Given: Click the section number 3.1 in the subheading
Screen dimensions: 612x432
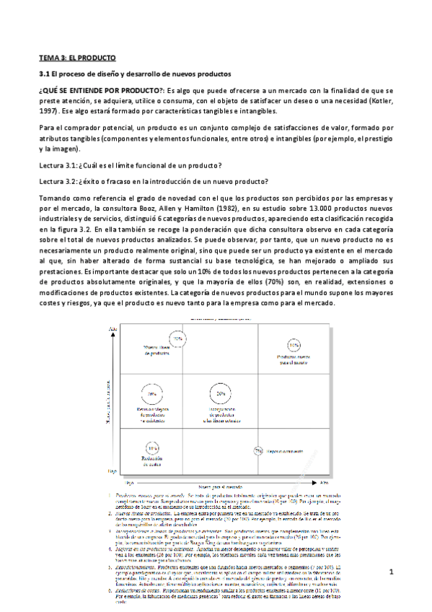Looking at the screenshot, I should coord(43,74).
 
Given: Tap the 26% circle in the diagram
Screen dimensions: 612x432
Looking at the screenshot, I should coord(151,394).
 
